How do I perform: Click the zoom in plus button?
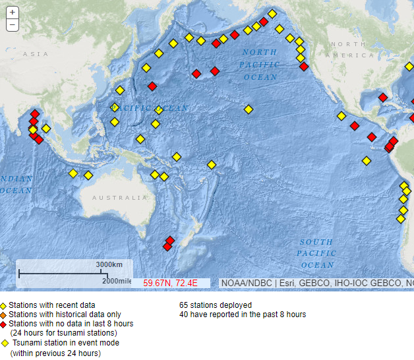pyautogui.click(x=13, y=13)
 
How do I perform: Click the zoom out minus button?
pyautogui.click(x=13, y=25)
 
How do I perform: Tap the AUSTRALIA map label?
pyautogui.click(x=119, y=198)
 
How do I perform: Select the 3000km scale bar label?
pyautogui.click(x=109, y=264)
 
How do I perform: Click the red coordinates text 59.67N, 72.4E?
pyautogui.click(x=171, y=283)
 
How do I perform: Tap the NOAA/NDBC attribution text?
pyautogui.click(x=245, y=283)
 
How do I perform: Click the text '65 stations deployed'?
pyautogui.click(x=215, y=305)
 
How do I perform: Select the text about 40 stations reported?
pyautogui.click(x=242, y=315)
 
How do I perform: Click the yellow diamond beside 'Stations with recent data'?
pyautogui.click(x=3, y=306)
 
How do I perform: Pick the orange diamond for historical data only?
pyautogui.click(x=3, y=315)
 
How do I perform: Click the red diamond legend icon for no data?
pyautogui.click(x=3, y=324)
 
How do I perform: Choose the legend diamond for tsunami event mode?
pyautogui.click(x=5, y=343)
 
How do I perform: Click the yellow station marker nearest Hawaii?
pyautogui.click(x=248, y=109)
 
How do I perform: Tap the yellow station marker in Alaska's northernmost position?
pyautogui.click(x=272, y=14)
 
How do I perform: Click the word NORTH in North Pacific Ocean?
pyautogui.click(x=259, y=52)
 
